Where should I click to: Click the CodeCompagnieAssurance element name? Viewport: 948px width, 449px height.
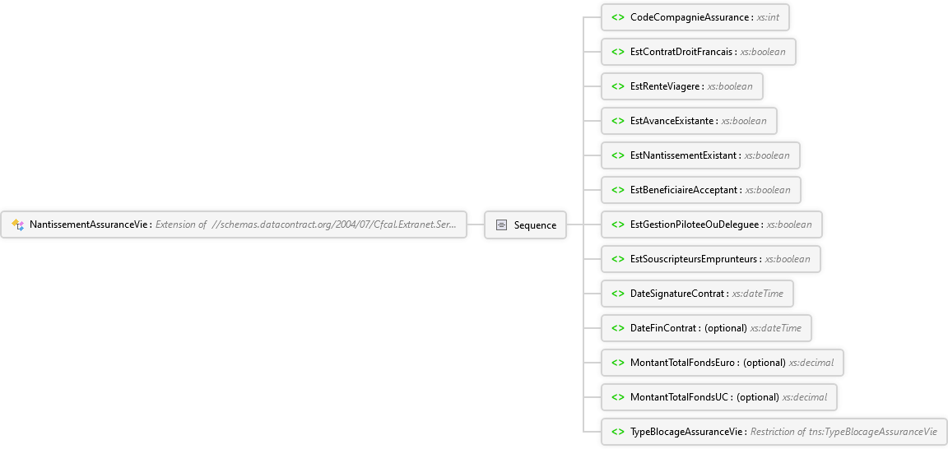click(x=690, y=17)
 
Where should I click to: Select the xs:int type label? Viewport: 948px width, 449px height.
click(x=769, y=17)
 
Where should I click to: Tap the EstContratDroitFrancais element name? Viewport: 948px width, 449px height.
click(x=682, y=51)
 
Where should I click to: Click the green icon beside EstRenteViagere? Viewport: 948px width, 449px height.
click(x=618, y=86)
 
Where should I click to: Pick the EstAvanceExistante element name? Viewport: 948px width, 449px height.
click(x=672, y=121)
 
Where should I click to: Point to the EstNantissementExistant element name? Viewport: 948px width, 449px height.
click(x=684, y=155)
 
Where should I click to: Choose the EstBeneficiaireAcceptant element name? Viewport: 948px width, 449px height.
click(x=685, y=190)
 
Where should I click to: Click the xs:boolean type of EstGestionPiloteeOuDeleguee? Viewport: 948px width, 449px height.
click(x=789, y=224)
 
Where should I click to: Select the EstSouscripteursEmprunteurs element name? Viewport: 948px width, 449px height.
click(x=694, y=259)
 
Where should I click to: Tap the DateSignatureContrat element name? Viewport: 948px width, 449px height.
click(x=678, y=293)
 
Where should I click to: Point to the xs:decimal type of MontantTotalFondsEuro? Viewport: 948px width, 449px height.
click(x=811, y=363)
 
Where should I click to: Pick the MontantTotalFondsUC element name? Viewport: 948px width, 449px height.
click(x=681, y=397)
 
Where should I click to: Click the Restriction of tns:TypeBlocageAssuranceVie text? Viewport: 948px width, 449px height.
click(x=844, y=432)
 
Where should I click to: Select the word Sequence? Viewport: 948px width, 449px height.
click(x=535, y=224)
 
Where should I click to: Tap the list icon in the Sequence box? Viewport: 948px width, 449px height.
click(x=501, y=224)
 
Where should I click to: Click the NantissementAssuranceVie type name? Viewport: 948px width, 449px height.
click(x=89, y=224)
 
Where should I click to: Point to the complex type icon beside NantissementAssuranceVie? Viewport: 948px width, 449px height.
click(x=18, y=224)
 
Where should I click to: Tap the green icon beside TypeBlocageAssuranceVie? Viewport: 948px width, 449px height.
click(x=618, y=432)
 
